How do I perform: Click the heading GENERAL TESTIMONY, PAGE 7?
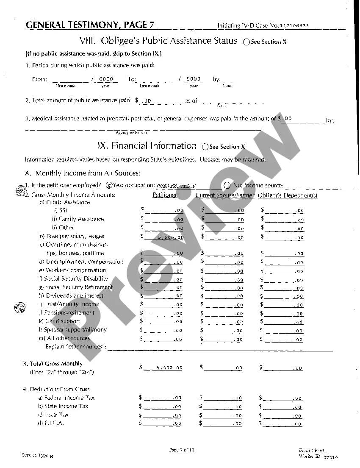tap(90, 25)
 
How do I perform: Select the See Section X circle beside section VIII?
tap(246, 42)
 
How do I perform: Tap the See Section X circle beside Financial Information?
tap(205, 147)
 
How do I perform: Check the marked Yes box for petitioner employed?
tap(109, 185)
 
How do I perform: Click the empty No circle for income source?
tap(227, 185)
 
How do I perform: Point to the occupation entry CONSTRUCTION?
tap(176, 186)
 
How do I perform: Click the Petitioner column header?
tap(165, 195)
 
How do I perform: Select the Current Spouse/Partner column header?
tap(225, 195)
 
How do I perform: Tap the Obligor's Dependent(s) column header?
tap(287, 195)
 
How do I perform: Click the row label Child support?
tap(63, 321)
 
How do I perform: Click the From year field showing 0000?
tap(106, 79)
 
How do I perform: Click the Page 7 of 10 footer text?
tap(182, 450)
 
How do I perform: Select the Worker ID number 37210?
tap(330, 457)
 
